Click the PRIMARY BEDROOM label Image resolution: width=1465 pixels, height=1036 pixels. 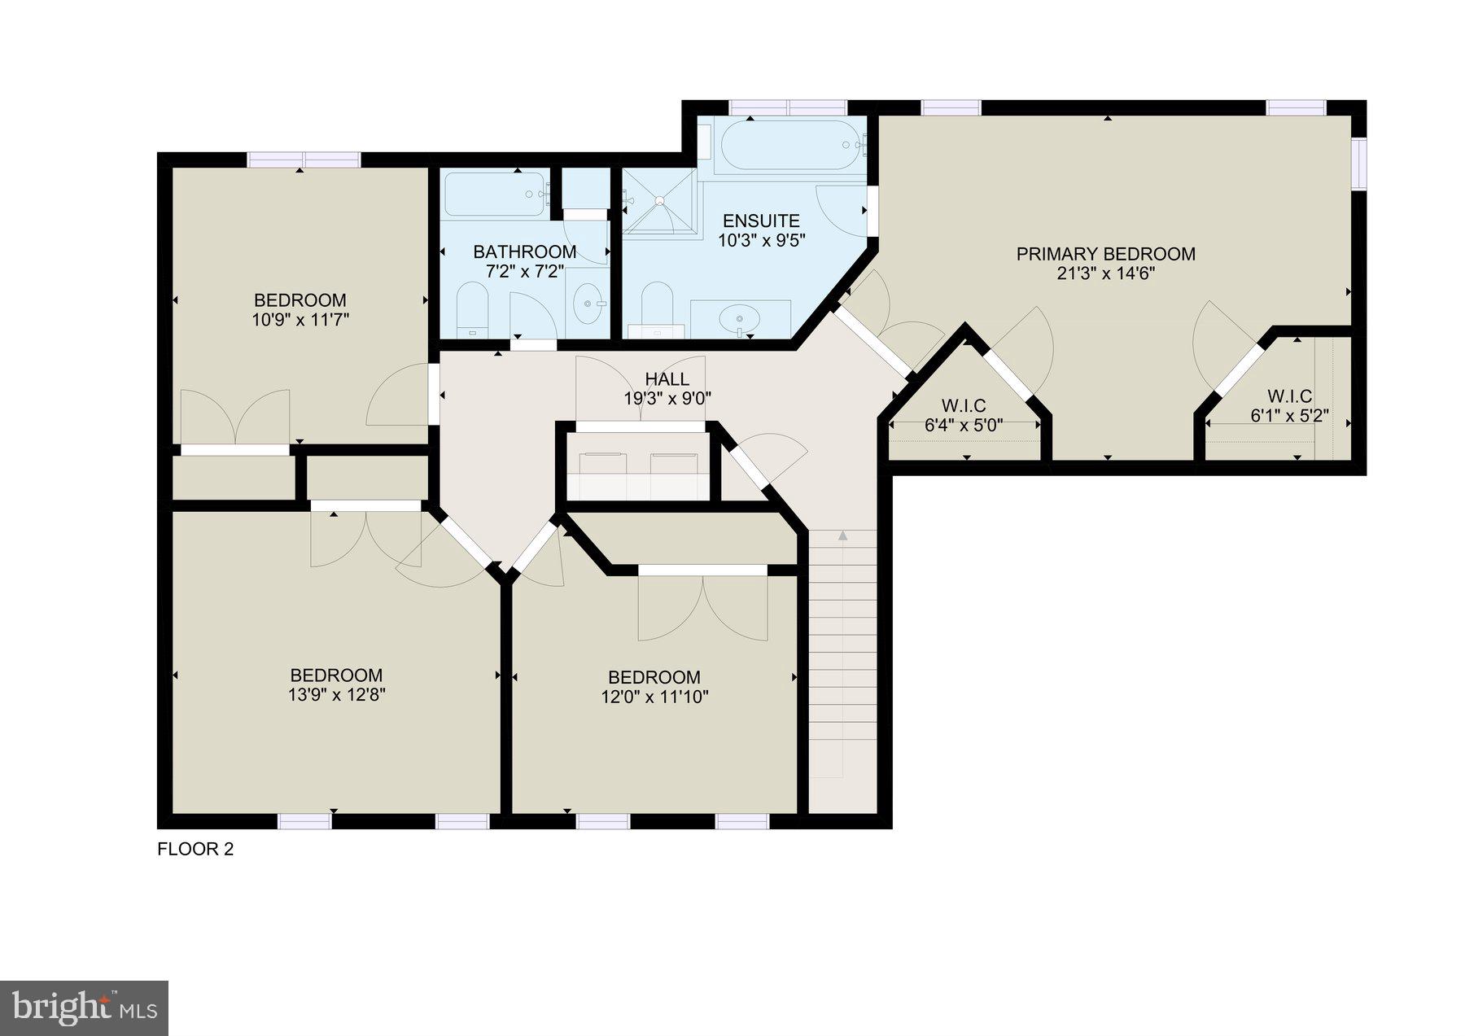1105,254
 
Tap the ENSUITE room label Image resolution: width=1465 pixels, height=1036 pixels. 761,221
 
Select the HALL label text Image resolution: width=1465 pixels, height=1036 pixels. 667,378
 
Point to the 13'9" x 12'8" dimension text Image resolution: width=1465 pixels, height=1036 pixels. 336,695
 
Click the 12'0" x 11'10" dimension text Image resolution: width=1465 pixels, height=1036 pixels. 654,697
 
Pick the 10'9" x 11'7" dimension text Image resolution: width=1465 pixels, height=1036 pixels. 300,320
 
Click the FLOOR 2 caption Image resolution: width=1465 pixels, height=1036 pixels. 195,850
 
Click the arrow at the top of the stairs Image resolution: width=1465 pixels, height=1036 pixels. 842,535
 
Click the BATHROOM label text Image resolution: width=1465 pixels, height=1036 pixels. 525,252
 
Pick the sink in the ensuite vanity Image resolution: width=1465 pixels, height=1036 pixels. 740,318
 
